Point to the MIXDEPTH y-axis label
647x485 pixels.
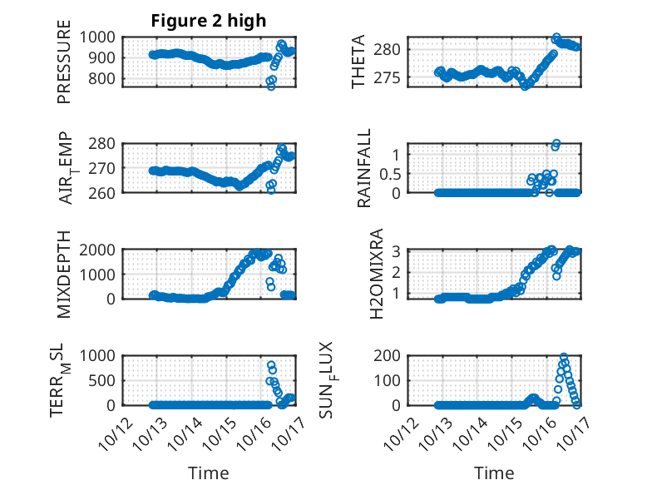tap(64, 275)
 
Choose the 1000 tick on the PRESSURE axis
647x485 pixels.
tap(101, 37)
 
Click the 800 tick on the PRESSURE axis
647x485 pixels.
tap(105, 79)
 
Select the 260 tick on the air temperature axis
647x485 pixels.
tap(105, 192)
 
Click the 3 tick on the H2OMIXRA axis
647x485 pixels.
tap(398, 251)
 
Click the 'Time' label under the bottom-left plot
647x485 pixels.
tap(208, 473)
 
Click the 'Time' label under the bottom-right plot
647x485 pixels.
tap(494, 473)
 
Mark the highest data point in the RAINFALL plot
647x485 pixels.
tap(556, 144)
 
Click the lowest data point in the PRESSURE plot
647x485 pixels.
tap(270, 86)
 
